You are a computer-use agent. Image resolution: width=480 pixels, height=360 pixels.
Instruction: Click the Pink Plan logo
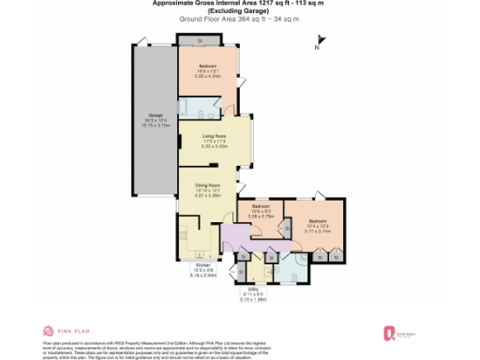pyautogui.click(x=66, y=331)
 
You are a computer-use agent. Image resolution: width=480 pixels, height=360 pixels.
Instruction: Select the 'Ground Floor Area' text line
pyautogui.click(x=239, y=20)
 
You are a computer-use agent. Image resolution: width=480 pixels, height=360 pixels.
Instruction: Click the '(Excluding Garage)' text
pyautogui.click(x=239, y=11)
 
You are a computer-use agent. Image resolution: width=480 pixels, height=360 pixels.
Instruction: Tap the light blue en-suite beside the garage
pyautogui.click(x=203, y=106)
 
